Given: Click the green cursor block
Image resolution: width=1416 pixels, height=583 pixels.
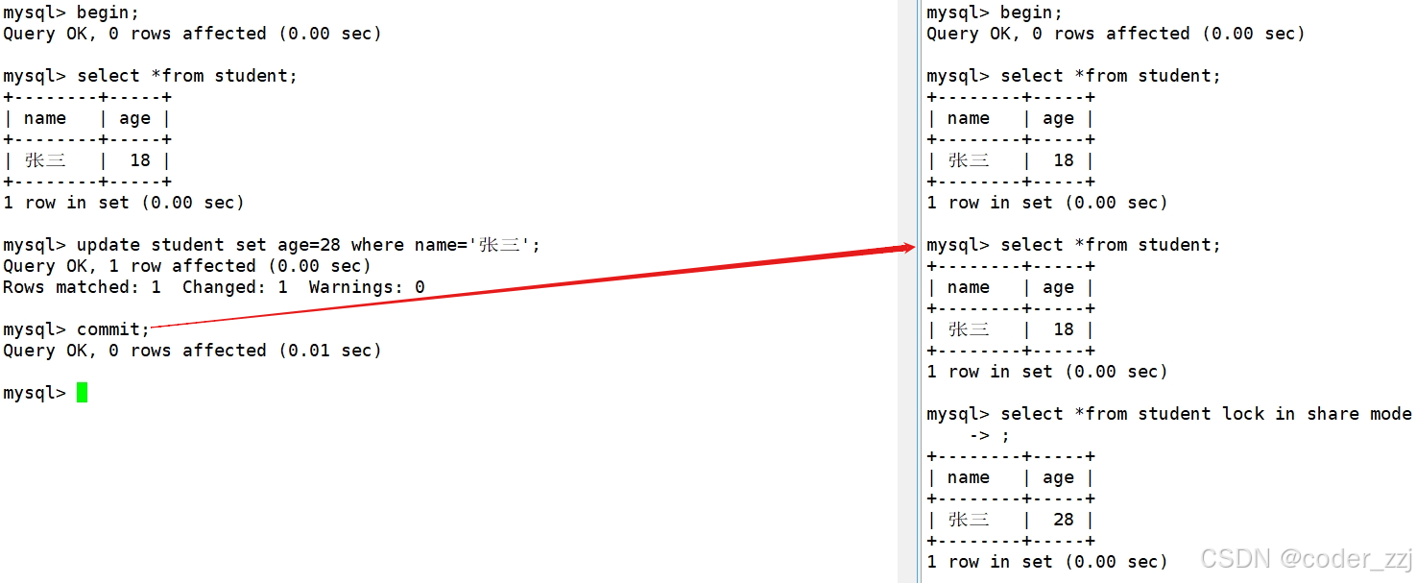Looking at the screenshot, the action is click(83, 393).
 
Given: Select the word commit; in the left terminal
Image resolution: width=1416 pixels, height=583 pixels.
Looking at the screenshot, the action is click(113, 329).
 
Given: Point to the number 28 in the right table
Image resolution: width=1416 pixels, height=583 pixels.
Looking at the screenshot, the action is click(1063, 520).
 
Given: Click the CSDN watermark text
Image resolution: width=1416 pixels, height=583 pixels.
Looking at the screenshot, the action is click(1236, 559).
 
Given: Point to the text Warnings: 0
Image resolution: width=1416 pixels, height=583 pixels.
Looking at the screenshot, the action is click(367, 287).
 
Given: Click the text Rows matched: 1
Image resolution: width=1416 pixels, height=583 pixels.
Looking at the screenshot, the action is click(82, 287).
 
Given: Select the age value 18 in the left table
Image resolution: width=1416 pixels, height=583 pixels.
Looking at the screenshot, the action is click(140, 160).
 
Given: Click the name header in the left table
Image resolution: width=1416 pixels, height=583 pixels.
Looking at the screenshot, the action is click(45, 118).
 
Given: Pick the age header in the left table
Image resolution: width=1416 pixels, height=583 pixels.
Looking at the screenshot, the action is click(134, 118).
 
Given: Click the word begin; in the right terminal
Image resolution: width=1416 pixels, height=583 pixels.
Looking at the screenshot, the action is click(1031, 12).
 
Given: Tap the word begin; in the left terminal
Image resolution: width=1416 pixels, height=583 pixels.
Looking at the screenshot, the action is click(108, 12).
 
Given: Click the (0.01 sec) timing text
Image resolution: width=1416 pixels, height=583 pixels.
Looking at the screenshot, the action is click(329, 351).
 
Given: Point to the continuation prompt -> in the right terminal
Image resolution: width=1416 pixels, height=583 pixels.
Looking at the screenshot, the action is click(978, 435).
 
